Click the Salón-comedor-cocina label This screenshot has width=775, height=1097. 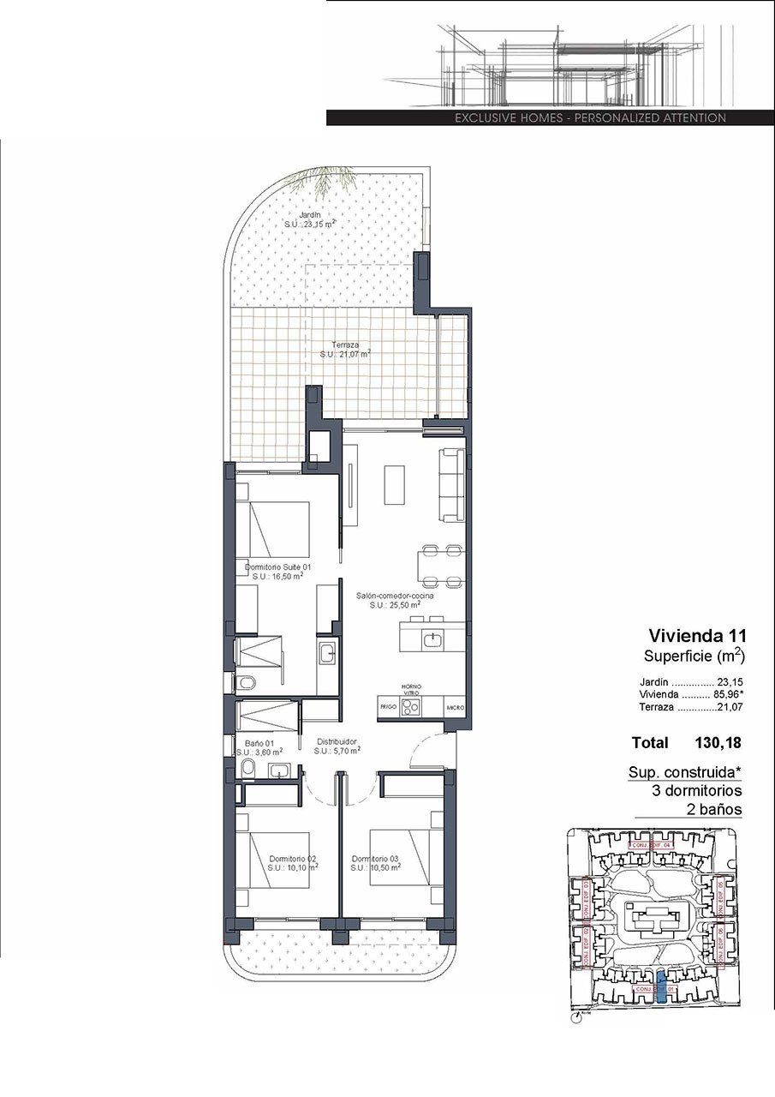tap(395, 595)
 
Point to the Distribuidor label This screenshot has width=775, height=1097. tap(336, 741)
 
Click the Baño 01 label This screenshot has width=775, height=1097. tap(259, 743)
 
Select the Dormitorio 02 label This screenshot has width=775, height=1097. tap(293, 858)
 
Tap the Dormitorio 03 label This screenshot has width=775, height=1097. tap(374, 858)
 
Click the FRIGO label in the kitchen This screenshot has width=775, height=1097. tap(388, 708)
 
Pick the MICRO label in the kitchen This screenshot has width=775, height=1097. tap(455, 708)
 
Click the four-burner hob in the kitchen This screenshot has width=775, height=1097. tap(411, 707)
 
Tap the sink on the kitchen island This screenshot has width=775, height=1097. tap(434, 638)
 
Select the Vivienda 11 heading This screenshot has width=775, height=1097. tap(697, 636)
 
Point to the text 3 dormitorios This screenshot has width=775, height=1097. tap(696, 790)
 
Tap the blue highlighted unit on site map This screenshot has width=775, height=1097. tap(661, 988)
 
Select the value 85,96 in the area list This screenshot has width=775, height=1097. tap(728, 694)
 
